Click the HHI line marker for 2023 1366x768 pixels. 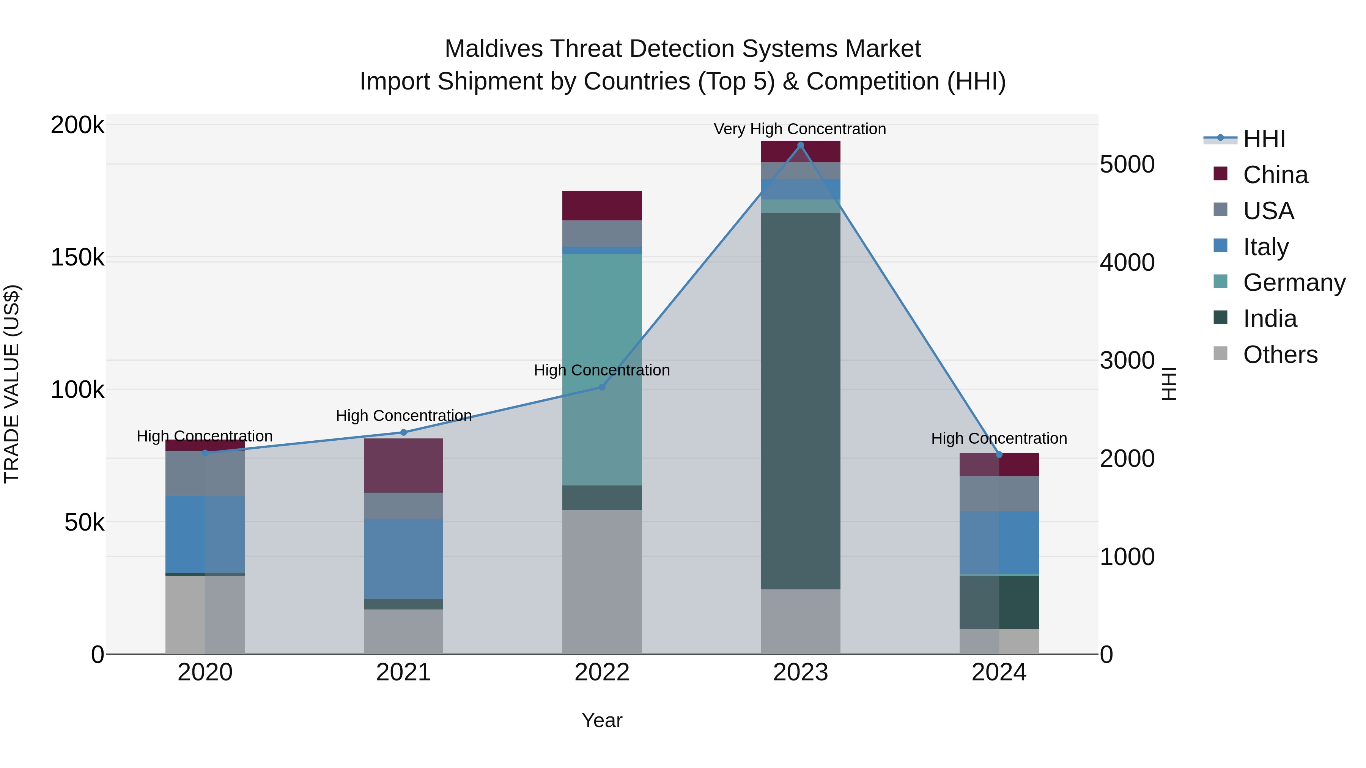[800, 145]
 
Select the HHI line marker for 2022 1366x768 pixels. [602, 387]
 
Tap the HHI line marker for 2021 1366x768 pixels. [404, 432]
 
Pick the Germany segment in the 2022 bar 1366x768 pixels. [602, 369]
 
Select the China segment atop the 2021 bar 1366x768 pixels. [404, 465]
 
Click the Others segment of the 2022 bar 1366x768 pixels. [602, 581]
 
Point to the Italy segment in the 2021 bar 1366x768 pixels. [404, 559]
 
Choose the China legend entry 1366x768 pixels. [1275, 175]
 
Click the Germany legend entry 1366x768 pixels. [1294, 283]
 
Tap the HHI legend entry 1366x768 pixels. [1264, 139]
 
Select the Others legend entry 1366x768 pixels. [1279, 355]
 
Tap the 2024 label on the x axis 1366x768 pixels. [999, 672]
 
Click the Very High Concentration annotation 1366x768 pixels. [799, 129]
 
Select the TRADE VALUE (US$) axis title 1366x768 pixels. [12, 384]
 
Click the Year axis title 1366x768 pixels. [602, 720]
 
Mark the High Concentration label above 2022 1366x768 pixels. [602, 370]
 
